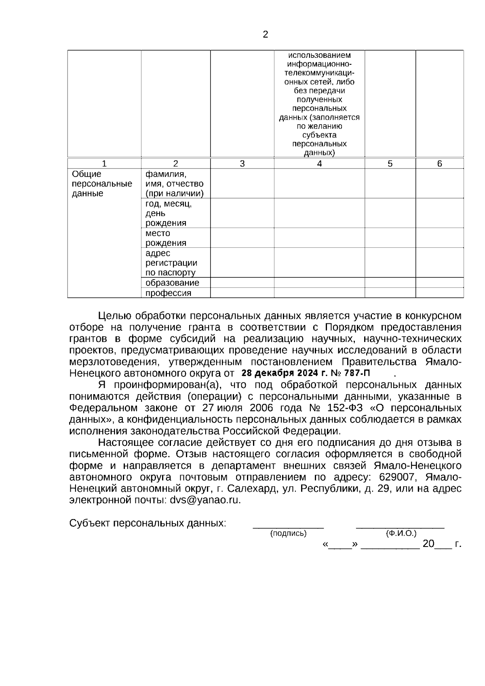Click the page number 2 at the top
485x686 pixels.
pyautogui.click(x=265, y=35)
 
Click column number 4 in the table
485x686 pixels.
pyautogui.click(x=319, y=164)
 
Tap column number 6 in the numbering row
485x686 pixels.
pyautogui.click(x=440, y=164)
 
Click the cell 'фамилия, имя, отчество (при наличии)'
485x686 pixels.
pyautogui.click(x=175, y=184)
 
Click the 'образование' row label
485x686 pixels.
pyautogui.click(x=172, y=283)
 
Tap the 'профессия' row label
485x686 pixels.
pyautogui.click(x=168, y=293)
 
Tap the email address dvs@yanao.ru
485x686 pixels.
pyautogui.click(x=205, y=500)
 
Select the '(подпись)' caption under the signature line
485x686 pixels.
pyautogui.click(x=288, y=534)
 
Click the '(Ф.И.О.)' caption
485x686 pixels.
pyautogui.click(x=401, y=534)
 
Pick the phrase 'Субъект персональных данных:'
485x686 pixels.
pyautogui.click(x=148, y=523)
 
